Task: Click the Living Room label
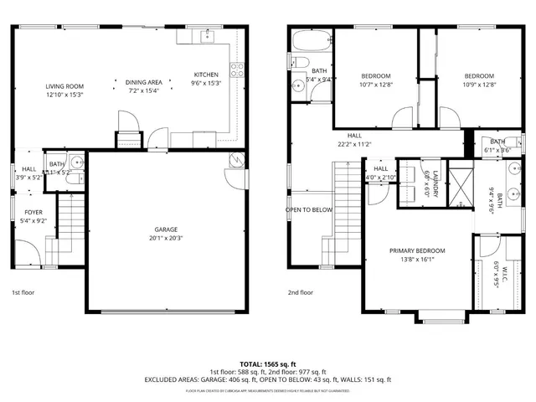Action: (x=64, y=85)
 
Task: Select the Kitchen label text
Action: (x=206, y=75)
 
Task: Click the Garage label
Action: (x=165, y=229)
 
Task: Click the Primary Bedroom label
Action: (x=416, y=250)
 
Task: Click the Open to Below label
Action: (x=309, y=209)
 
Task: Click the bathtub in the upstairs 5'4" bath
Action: (x=310, y=39)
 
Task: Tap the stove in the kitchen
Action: (x=238, y=70)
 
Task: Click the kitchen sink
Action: (x=205, y=36)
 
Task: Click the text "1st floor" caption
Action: (x=22, y=293)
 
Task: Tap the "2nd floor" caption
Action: (x=300, y=293)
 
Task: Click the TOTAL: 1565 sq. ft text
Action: (x=267, y=363)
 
